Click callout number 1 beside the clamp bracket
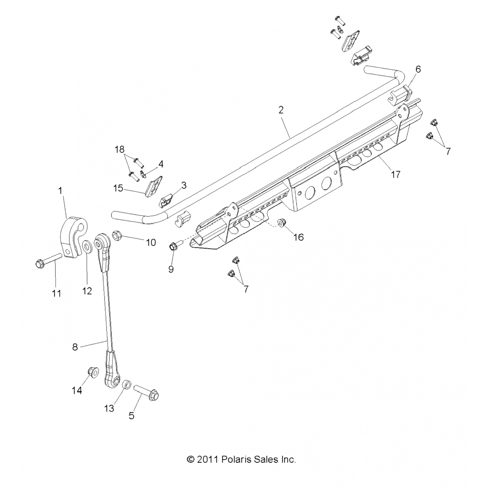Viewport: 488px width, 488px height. [x=60, y=191]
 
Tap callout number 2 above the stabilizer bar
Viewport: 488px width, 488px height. [x=281, y=110]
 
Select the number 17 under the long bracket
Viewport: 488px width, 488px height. [x=396, y=174]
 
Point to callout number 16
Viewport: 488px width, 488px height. [x=298, y=237]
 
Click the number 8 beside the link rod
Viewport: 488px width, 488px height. [x=75, y=347]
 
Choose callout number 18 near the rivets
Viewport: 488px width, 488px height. [x=120, y=150]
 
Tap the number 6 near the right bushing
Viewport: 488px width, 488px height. [x=418, y=69]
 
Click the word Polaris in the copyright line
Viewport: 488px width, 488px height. [x=235, y=459]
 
